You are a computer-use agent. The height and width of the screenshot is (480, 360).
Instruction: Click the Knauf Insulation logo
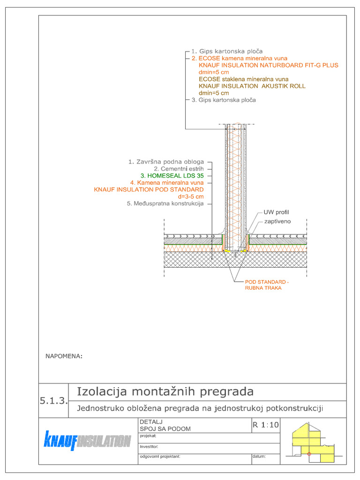[x=87, y=441]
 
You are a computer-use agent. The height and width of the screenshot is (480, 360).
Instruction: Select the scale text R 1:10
[x=265, y=425]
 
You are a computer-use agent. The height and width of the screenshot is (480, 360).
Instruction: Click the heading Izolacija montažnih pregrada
[x=165, y=391]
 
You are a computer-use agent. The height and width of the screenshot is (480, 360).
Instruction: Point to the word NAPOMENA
[x=64, y=356]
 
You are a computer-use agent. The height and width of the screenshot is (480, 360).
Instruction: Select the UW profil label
[x=276, y=212]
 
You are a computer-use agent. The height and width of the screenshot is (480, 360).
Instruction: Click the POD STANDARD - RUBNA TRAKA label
[x=267, y=285]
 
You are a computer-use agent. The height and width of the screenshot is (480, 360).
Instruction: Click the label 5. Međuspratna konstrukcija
[x=165, y=204]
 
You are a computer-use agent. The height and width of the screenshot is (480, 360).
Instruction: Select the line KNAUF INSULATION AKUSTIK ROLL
[x=252, y=86]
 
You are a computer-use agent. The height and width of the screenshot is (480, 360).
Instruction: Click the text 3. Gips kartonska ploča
[x=224, y=100]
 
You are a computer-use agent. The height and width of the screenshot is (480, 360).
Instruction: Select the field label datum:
[x=259, y=456]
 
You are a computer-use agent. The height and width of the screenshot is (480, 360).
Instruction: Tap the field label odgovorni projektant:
[x=159, y=456]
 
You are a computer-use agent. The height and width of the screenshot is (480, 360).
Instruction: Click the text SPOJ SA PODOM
[x=165, y=429]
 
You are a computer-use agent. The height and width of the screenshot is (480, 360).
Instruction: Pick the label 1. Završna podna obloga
[x=166, y=162]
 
